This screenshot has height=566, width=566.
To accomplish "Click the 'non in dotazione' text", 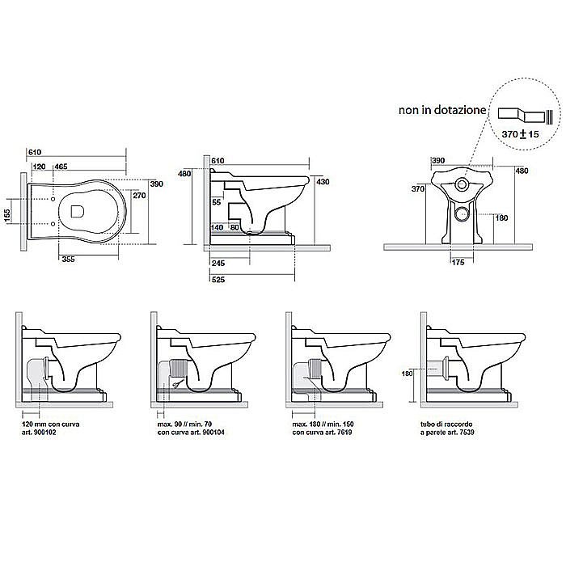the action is [442, 110].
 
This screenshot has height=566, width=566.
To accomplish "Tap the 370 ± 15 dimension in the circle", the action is [520, 134].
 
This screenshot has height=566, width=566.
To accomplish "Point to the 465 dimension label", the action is [61, 167].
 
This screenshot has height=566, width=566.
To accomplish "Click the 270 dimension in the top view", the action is [139, 196].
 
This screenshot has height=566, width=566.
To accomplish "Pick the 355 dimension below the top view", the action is [68, 259].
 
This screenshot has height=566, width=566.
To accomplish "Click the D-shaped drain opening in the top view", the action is [78, 212].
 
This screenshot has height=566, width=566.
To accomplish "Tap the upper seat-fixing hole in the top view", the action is [53, 199].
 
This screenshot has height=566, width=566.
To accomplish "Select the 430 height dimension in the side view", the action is [323, 182].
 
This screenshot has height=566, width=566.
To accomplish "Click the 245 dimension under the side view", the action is [218, 263].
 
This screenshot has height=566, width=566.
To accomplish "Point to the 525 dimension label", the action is [218, 280].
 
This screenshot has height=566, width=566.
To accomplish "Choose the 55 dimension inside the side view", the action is [216, 202].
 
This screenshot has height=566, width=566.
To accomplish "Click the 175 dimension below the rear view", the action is [458, 263].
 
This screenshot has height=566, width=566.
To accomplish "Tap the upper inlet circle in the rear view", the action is [461, 184].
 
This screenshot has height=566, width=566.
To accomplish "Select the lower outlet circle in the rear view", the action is [462, 214].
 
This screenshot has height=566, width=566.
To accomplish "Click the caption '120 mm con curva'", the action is [51, 424].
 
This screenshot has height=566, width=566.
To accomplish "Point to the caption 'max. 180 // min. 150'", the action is [323, 424].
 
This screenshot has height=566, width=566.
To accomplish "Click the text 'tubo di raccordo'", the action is [446, 424].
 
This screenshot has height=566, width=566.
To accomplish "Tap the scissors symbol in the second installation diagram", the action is [177, 384].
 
